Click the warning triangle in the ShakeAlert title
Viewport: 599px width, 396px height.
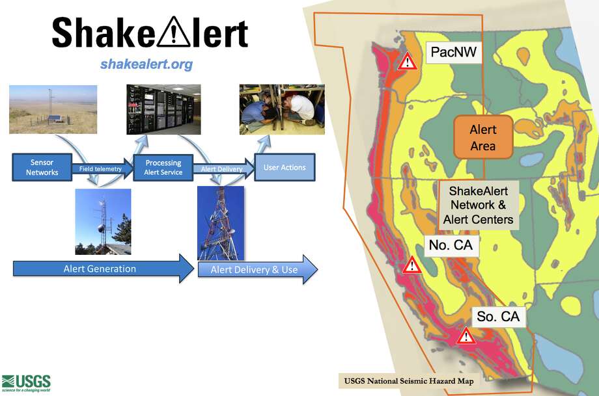coord(173,32)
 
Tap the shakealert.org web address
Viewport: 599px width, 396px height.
coord(146,64)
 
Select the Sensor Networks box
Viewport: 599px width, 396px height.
coord(42,167)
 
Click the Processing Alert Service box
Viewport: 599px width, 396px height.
coord(163,167)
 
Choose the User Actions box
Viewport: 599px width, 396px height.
coord(285,167)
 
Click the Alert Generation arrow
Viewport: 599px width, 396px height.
coord(103,269)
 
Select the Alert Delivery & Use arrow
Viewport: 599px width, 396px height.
coord(257,269)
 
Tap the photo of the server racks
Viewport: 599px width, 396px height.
coord(163,109)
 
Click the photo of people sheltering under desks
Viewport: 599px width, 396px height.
coord(282,109)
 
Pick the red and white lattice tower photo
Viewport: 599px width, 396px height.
coord(221,223)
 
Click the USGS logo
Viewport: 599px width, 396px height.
coord(26,383)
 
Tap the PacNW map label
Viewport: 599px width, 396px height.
coord(453,52)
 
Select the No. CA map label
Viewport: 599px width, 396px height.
coord(451,245)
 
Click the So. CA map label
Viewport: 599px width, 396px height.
coord(498,316)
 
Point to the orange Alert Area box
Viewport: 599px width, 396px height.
coord(483,137)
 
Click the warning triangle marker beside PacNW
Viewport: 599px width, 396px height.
coord(407,62)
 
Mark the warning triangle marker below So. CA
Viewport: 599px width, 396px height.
coord(466,336)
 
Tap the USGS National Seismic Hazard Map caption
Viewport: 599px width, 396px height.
coord(409,381)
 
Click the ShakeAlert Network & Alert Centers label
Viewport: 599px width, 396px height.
coord(479,205)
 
